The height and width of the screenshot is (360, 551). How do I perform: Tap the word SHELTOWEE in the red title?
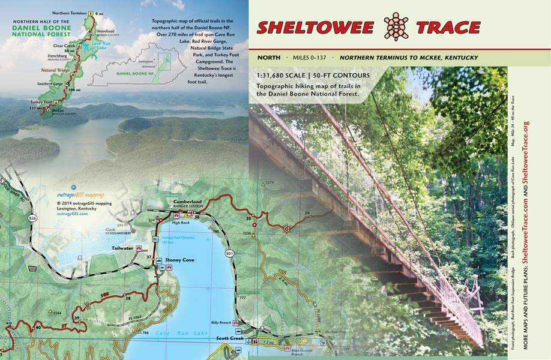pos(315,28)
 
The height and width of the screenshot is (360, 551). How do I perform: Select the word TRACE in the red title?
pos(448,28)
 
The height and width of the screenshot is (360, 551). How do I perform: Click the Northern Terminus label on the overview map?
pos(68,13)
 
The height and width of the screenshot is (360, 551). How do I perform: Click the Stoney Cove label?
pos(180,260)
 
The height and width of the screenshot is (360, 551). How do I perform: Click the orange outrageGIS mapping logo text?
pos(77,195)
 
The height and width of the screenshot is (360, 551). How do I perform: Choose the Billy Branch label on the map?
pos(221,323)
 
